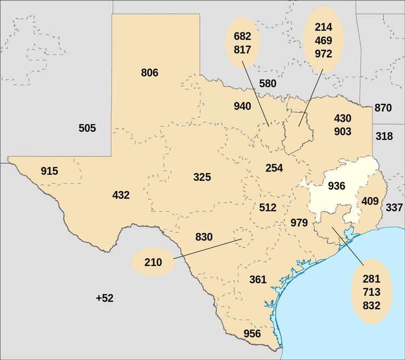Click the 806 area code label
(x=150, y=72)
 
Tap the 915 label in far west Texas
(x=49, y=171)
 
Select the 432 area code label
(x=121, y=195)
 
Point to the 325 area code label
(x=202, y=177)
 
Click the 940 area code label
(x=242, y=106)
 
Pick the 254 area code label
(x=274, y=168)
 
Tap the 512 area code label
(x=267, y=207)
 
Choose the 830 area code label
(x=204, y=236)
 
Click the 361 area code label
(x=258, y=279)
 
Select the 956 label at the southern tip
(x=252, y=334)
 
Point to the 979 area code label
(x=299, y=222)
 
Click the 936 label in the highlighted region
(x=336, y=186)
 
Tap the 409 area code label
(x=370, y=202)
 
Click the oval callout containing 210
(x=153, y=263)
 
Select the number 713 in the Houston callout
(x=372, y=292)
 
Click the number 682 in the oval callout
(x=242, y=36)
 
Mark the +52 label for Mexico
(x=104, y=298)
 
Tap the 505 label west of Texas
(x=87, y=128)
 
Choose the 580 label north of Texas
(x=267, y=83)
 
